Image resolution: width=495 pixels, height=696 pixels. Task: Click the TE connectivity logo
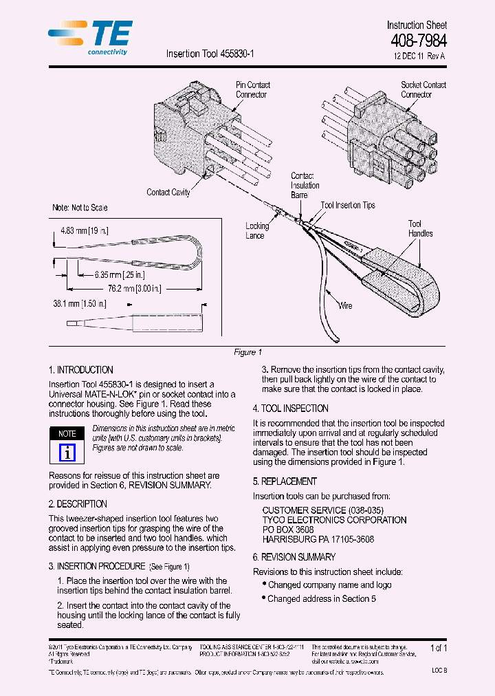(x=91, y=38)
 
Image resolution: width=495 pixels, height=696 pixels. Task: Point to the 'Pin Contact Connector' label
(x=252, y=89)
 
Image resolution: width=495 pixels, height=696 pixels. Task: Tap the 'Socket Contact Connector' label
(x=423, y=89)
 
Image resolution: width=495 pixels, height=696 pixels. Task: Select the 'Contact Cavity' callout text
(x=168, y=192)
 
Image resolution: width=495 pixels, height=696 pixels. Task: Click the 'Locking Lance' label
(x=257, y=230)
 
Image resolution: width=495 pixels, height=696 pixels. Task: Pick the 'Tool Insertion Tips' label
(x=348, y=205)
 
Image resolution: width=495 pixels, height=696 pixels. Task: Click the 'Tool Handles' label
(x=419, y=228)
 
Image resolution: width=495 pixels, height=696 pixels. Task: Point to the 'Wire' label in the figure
(x=344, y=305)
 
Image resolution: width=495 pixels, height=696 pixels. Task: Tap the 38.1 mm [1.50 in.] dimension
(x=80, y=303)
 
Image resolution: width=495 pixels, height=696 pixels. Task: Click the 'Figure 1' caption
(x=247, y=352)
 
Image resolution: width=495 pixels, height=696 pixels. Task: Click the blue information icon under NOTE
(x=67, y=453)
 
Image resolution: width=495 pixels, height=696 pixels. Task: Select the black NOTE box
(x=67, y=434)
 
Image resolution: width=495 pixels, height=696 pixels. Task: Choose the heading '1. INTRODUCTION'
(x=81, y=370)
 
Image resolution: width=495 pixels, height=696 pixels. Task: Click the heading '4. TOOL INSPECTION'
(x=290, y=408)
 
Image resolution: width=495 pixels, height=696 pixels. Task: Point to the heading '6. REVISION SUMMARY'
(x=294, y=557)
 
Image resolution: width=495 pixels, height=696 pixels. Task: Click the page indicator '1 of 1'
(x=439, y=648)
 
